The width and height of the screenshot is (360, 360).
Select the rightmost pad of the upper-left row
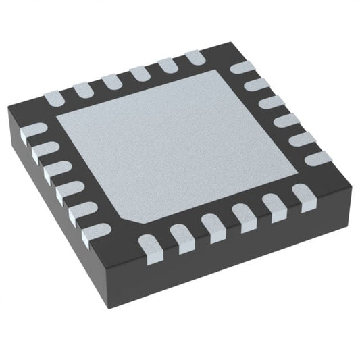194,59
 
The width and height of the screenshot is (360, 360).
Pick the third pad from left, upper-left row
111,82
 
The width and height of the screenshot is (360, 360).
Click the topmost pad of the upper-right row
241,68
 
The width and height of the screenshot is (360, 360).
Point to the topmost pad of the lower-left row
33,131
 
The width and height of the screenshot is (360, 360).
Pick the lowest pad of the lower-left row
95,231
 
